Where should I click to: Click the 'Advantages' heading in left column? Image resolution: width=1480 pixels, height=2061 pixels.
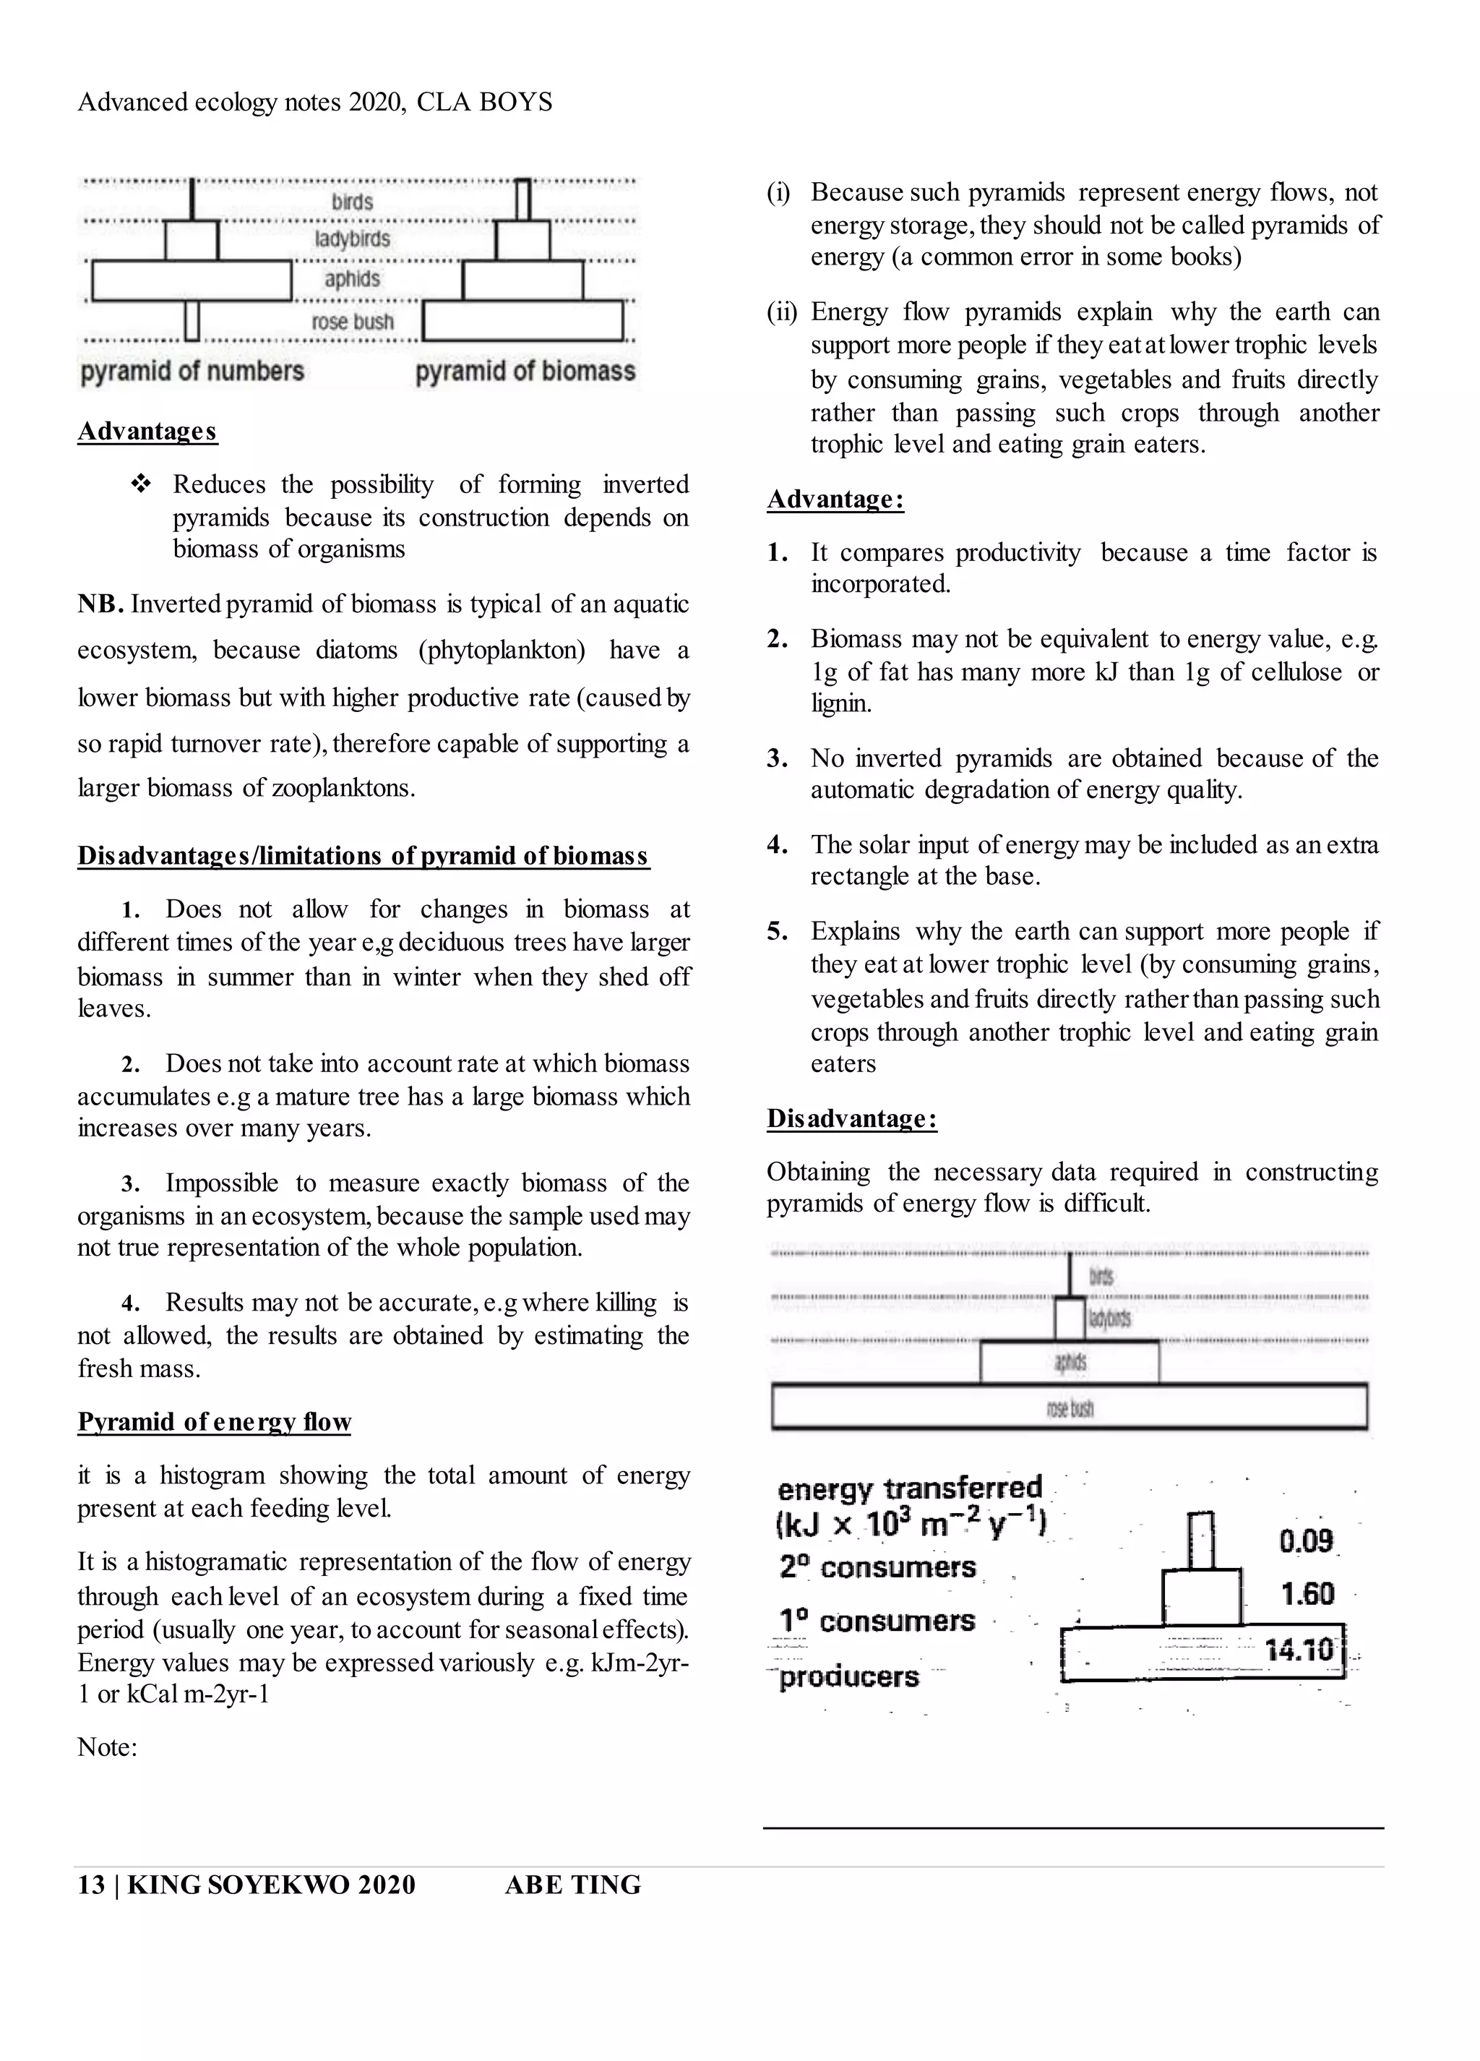click(x=147, y=431)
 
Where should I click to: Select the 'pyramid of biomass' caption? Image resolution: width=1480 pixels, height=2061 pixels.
click(x=525, y=372)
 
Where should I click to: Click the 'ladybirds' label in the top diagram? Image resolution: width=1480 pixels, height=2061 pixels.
click(x=353, y=239)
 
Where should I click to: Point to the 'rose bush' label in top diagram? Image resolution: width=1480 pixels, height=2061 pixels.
click(x=353, y=322)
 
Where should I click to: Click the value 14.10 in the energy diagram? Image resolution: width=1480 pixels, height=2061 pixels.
click(x=1299, y=1650)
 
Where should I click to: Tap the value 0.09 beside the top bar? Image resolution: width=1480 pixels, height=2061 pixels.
click(x=1306, y=1541)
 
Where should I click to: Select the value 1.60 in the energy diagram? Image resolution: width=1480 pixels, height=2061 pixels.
click(x=1307, y=1593)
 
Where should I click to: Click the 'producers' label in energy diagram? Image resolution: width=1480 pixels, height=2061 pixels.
click(x=848, y=1676)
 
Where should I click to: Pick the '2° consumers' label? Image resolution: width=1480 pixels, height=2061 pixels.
click(x=877, y=1567)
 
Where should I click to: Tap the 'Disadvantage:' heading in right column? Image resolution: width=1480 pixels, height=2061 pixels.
click(x=851, y=1118)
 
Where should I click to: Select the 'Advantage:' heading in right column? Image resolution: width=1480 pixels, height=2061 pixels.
click(x=835, y=499)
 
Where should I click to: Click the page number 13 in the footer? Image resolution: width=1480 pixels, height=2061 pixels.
click(x=91, y=1885)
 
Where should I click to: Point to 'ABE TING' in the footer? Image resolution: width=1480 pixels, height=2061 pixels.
click(x=572, y=1885)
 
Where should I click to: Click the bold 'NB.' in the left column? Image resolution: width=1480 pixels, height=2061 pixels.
click(x=100, y=604)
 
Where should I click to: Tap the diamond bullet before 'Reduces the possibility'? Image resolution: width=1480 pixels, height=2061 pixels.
click(x=141, y=484)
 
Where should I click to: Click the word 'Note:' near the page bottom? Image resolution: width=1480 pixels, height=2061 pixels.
click(x=107, y=1747)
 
